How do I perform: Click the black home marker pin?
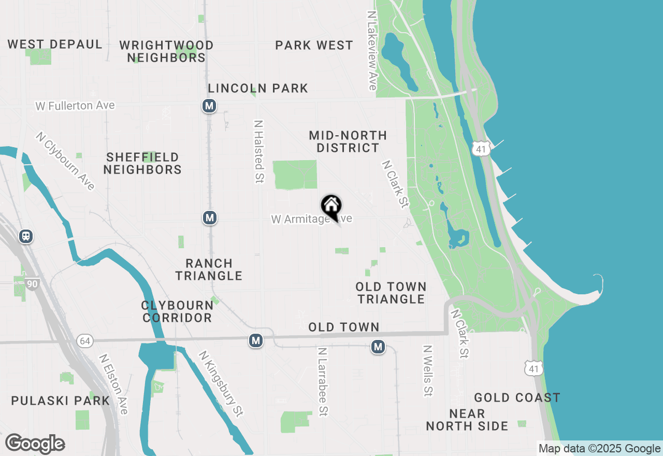pyautogui.click(x=331, y=207)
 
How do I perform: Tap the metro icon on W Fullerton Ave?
pyautogui.click(x=209, y=106)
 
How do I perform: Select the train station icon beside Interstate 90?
pyautogui.click(x=26, y=236)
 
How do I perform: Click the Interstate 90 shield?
pyautogui.click(x=32, y=283)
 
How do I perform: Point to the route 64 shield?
pyautogui.click(x=84, y=340)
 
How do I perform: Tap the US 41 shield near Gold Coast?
pyautogui.click(x=533, y=368)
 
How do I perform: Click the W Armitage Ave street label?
pyautogui.click(x=311, y=219)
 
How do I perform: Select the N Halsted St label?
pyautogui.click(x=258, y=152)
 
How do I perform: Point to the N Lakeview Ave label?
pyautogui.click(x=371, y=51)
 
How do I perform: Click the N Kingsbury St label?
pyautogui.click(x=221, y=383)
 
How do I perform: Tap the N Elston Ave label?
pyautogui.click(x=113, y=384)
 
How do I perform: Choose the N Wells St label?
pyautogui.click(x=427, y=370)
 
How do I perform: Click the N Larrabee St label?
pyautogui.click(x=323, y=381)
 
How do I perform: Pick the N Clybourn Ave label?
pyautogui.click(x=65, y=161)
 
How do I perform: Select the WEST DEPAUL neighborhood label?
pyautogui.click(x=55, y=45)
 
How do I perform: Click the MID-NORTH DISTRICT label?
pyautogui.click(x=348, y=141)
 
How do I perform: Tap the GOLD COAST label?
pyautogui.click(x=517, y=398)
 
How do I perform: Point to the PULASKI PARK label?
pyautogui.click(x=61, y=401)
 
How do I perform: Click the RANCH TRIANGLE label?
pyautogui.click(x=209, y=269)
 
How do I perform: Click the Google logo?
pyautogui.click(x=35, y=444)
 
